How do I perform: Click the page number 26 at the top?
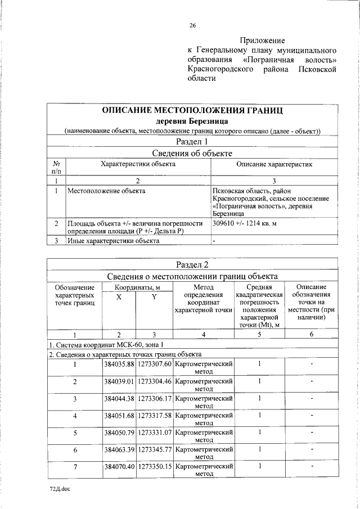pyautogui.click(x=192, y=25)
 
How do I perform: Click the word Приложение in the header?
pyautogui.click(x=262, y=40)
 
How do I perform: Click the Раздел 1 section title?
pyautogui.click(x=192, y=142)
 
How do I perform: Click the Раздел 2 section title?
pyautogui.click(x=192, y=265)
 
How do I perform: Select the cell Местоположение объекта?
pyautogui.click(x=106, y=191)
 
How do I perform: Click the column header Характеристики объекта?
pyautogui.click(x=138, y=164)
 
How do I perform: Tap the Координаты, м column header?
pyautogui.click(x=136, y=287)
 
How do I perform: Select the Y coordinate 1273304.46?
pyautogui.click(x=154, y=381)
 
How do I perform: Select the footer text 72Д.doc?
pyautogui.click(x=59, y=489)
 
